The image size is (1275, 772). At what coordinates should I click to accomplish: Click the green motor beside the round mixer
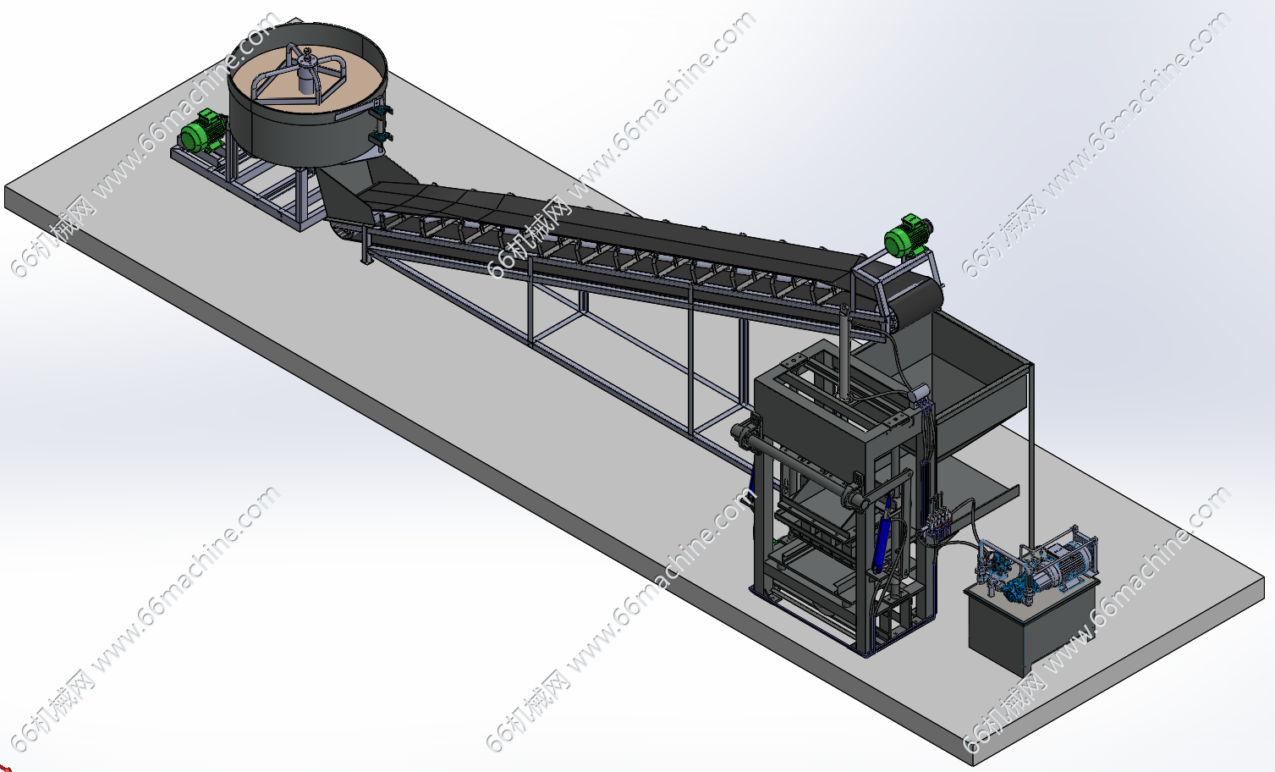pyautogui.click(x=202, y=131)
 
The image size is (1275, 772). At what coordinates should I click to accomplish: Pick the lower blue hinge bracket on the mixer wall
pyautogui.click(x=380, y=138)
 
